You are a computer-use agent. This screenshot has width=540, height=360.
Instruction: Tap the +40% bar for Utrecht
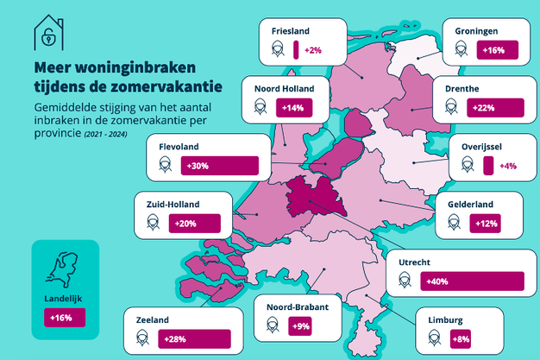point(472,281)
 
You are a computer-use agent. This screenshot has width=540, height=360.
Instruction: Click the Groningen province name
point(477,31)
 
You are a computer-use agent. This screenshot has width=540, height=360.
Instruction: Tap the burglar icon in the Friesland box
point(276,51)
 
